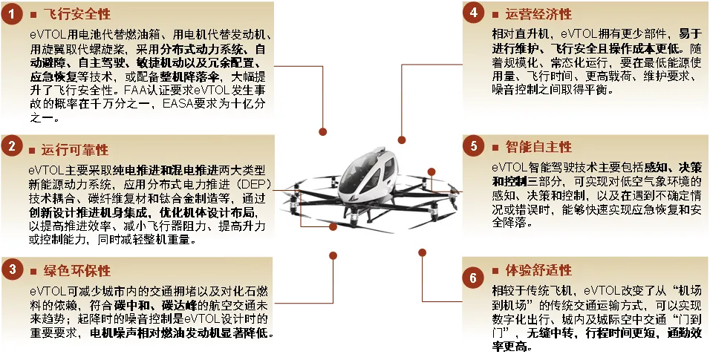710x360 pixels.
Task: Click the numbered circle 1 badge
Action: point(10,14)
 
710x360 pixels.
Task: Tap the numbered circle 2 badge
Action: point(10,147)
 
